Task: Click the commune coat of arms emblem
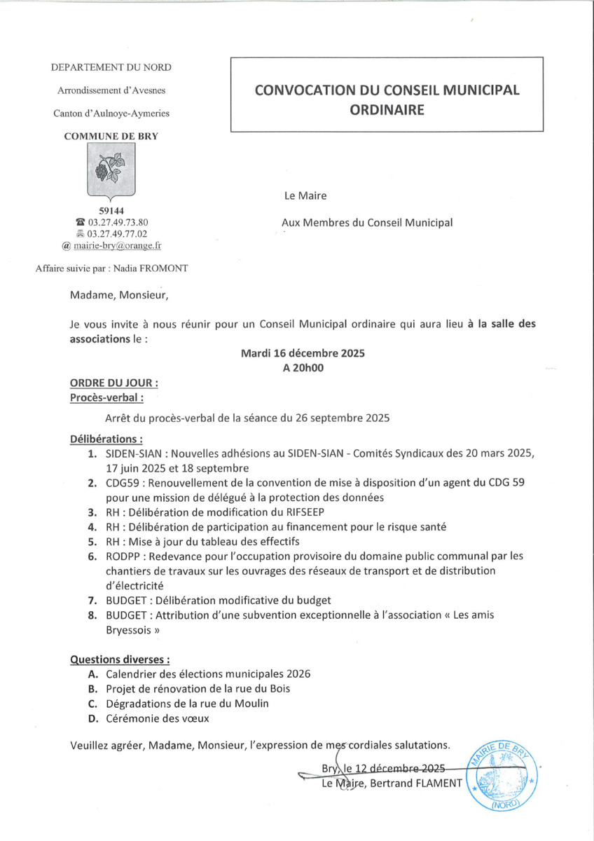[111, 172]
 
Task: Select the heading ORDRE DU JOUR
[113, 384]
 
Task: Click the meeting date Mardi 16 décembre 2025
[303, 354]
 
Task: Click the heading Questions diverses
[119, 659]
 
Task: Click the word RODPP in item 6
[123, 556]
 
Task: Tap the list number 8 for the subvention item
[92, 615]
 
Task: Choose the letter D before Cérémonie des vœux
[92, 718]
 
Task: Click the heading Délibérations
[106, 439]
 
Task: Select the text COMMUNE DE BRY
[111, 137]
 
